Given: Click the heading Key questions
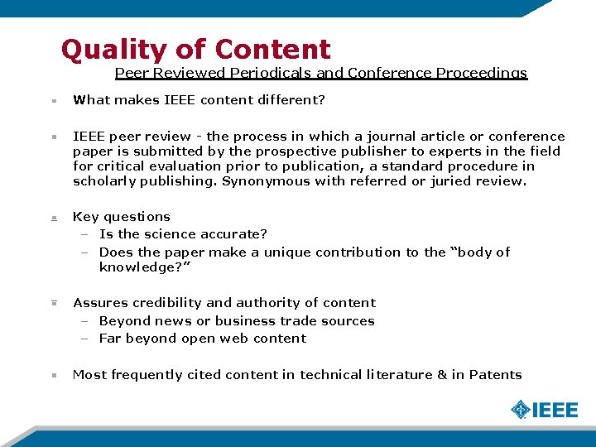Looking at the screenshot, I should click(122, 217).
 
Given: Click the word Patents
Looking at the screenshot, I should click(495, 375).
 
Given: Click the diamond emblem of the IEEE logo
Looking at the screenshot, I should click(520, 410).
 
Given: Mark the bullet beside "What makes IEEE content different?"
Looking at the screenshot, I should click(53, 101).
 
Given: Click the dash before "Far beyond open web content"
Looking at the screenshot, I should click(84, 339).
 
